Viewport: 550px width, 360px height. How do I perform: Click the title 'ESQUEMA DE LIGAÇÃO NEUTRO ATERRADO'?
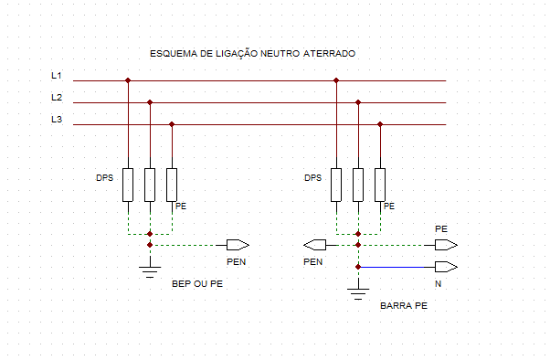tap(253, 55)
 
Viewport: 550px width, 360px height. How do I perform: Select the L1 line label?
tap(57, 76)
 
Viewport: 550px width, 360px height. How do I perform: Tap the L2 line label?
tap(57, 98)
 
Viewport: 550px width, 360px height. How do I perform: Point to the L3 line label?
tap(57, 120)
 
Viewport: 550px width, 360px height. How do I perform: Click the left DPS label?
tap(105, 177)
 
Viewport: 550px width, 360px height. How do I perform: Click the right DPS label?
tap(313, 177)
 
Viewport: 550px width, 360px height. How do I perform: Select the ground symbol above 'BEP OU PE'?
tap(150, 269)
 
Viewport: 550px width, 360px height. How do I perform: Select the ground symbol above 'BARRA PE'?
tap(358, 291)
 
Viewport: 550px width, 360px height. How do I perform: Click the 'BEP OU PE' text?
tap(197, 284)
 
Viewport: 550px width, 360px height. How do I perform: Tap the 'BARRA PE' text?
tap(403, 306)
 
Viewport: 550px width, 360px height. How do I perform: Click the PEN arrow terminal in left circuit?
tap(238, 245)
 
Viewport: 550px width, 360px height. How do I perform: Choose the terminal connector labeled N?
tap(447, 267)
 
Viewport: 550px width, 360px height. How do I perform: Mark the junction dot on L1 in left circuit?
tap(128, 80)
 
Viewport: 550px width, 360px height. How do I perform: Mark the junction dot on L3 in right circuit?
tap(380, 124)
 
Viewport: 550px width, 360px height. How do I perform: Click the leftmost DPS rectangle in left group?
tap(128, 185)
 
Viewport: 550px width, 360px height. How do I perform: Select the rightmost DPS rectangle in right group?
tap(380, 185)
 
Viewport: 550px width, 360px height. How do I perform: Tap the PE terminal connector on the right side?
tap(447, 245)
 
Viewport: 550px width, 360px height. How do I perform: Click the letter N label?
tap(439, 284)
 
